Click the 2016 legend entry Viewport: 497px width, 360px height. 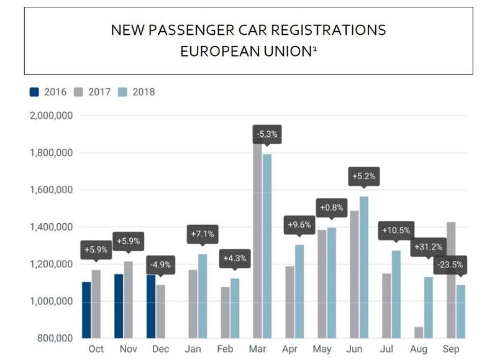(x=49, y=92)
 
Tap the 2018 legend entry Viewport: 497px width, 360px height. (x=136, y=92)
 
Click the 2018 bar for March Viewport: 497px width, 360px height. (x=267, y=246)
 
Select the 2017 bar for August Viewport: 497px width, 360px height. (x=419, y=333)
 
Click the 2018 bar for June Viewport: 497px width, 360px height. (x=363, y=267)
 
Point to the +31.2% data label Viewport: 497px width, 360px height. (x=427, y=247)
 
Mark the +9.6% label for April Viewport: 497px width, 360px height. (x=299, y=224)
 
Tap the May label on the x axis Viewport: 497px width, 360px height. (x=322, y=349)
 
